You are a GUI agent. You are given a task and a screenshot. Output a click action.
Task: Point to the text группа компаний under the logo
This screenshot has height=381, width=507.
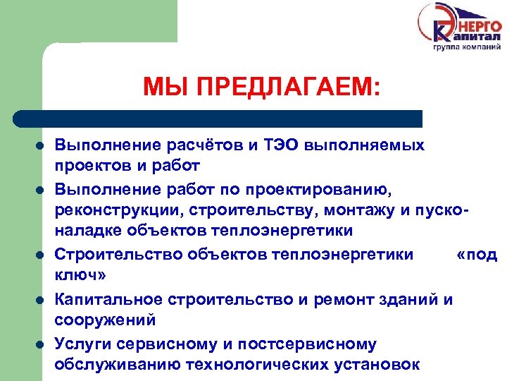(x=466, y=47)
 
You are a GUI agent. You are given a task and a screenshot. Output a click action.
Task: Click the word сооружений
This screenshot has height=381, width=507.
(x=105, y=320)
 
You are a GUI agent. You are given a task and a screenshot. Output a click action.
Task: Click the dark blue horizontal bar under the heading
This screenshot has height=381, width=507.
(x=218, y=118)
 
